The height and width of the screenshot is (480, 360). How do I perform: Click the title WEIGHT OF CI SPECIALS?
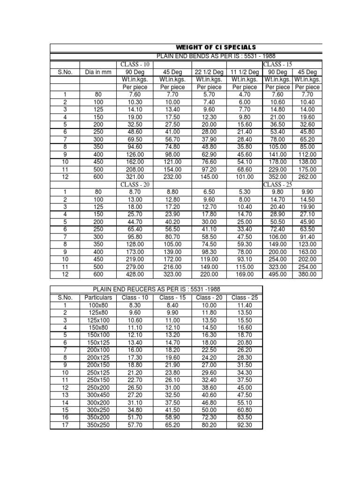tap(216, 47)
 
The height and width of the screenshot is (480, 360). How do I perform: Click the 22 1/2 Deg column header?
tap(209, 72)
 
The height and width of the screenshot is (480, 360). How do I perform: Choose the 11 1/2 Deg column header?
tap(244, 72)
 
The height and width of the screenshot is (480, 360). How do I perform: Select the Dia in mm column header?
tap(97, 72)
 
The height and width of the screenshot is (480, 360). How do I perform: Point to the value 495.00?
tap(277, 274)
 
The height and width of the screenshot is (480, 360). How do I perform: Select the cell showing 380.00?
tap(307, 274)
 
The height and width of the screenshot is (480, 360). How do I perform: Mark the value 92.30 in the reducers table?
tap(244, 425)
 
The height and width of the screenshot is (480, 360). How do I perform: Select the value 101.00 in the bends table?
tap(244, 177)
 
